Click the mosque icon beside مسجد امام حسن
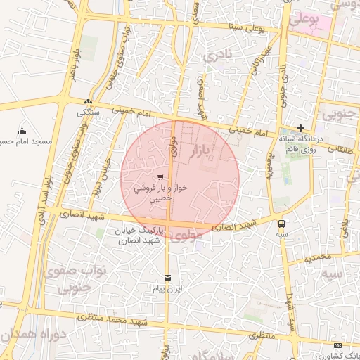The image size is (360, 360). (x=22, y=131)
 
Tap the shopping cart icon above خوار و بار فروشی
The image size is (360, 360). (x=162, y=177)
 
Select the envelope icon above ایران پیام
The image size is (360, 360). (x=167, y=278)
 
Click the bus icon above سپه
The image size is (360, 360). (x=282, y=224)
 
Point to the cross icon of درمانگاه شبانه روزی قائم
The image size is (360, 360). (x=301, y=128)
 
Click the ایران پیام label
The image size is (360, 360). (x=167, y=289)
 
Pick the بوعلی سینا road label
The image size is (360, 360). (x=245, y=27)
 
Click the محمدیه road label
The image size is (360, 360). (x=318, y=257)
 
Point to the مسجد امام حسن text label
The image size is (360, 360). (x=28, y=141)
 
